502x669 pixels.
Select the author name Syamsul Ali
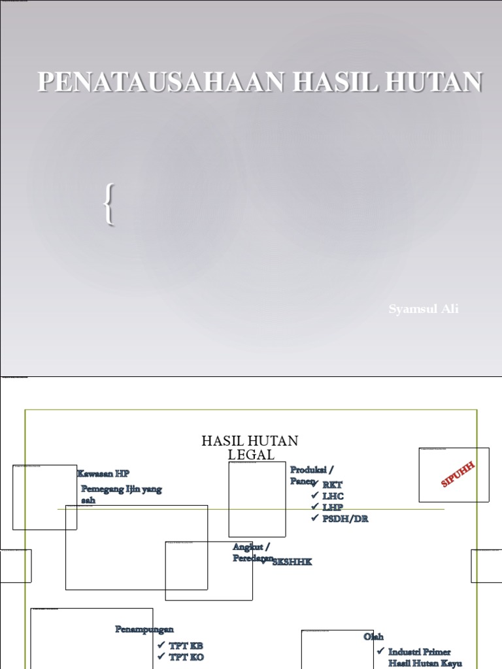point(424,309)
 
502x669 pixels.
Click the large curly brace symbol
point(109,206)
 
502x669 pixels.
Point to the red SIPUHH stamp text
point(458,474)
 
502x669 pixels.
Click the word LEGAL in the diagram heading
point(252,455)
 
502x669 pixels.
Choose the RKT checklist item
point(332,485)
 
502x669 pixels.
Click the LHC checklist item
point(332,497)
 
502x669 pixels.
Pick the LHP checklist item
point(332,508)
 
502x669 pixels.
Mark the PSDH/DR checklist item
point(344,519)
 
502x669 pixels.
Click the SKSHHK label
point(292,563)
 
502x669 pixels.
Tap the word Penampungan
point(144,629)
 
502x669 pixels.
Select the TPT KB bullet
point(186,646)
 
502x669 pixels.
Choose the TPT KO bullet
point(186,657)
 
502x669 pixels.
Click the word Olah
point(374,636)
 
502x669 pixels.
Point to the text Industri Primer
point(419,652)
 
